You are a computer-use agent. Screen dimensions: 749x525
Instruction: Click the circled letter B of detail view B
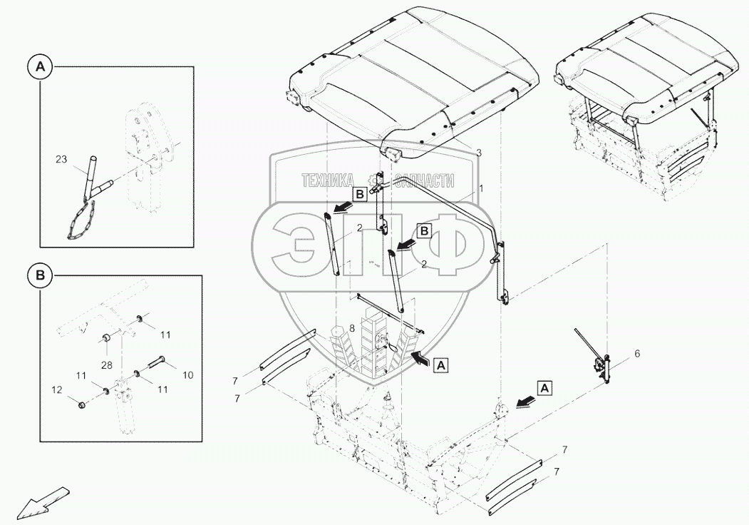[41, 275]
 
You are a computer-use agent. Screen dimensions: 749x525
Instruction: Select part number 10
[187, 374]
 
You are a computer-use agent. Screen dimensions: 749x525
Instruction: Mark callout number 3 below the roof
[479, 153]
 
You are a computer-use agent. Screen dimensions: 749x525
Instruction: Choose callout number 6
[637, 354]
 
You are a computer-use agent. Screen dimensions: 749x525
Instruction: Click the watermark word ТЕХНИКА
[329, 181]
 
